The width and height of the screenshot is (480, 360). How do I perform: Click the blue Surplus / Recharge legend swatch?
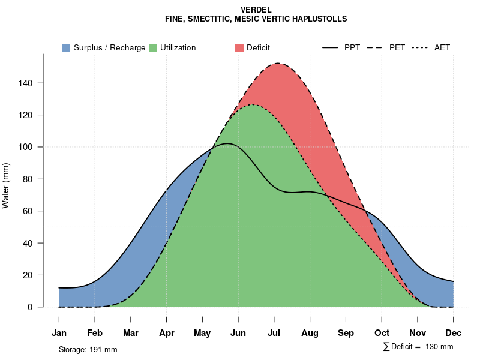coord(67,47)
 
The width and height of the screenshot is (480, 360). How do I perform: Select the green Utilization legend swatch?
coord(152,47)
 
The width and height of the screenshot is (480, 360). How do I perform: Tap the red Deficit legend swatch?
coord(239,47)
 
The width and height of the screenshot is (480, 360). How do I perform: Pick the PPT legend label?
coord(352,47)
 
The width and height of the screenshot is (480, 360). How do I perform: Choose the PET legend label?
coord(397,47)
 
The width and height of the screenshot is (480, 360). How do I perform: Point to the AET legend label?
coord(442,47)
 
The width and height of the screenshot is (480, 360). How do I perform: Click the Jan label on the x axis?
coord(59,333)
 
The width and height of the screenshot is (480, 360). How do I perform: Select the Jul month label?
coord(274,333)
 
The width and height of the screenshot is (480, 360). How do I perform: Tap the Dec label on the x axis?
coord(454,333)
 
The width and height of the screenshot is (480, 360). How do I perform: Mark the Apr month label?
coord(167,333)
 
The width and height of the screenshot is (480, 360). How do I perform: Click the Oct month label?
coord(382,333)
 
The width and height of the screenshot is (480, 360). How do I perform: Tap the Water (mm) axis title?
coord(6,185)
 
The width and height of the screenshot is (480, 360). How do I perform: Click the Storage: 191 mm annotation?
coord(88,349)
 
